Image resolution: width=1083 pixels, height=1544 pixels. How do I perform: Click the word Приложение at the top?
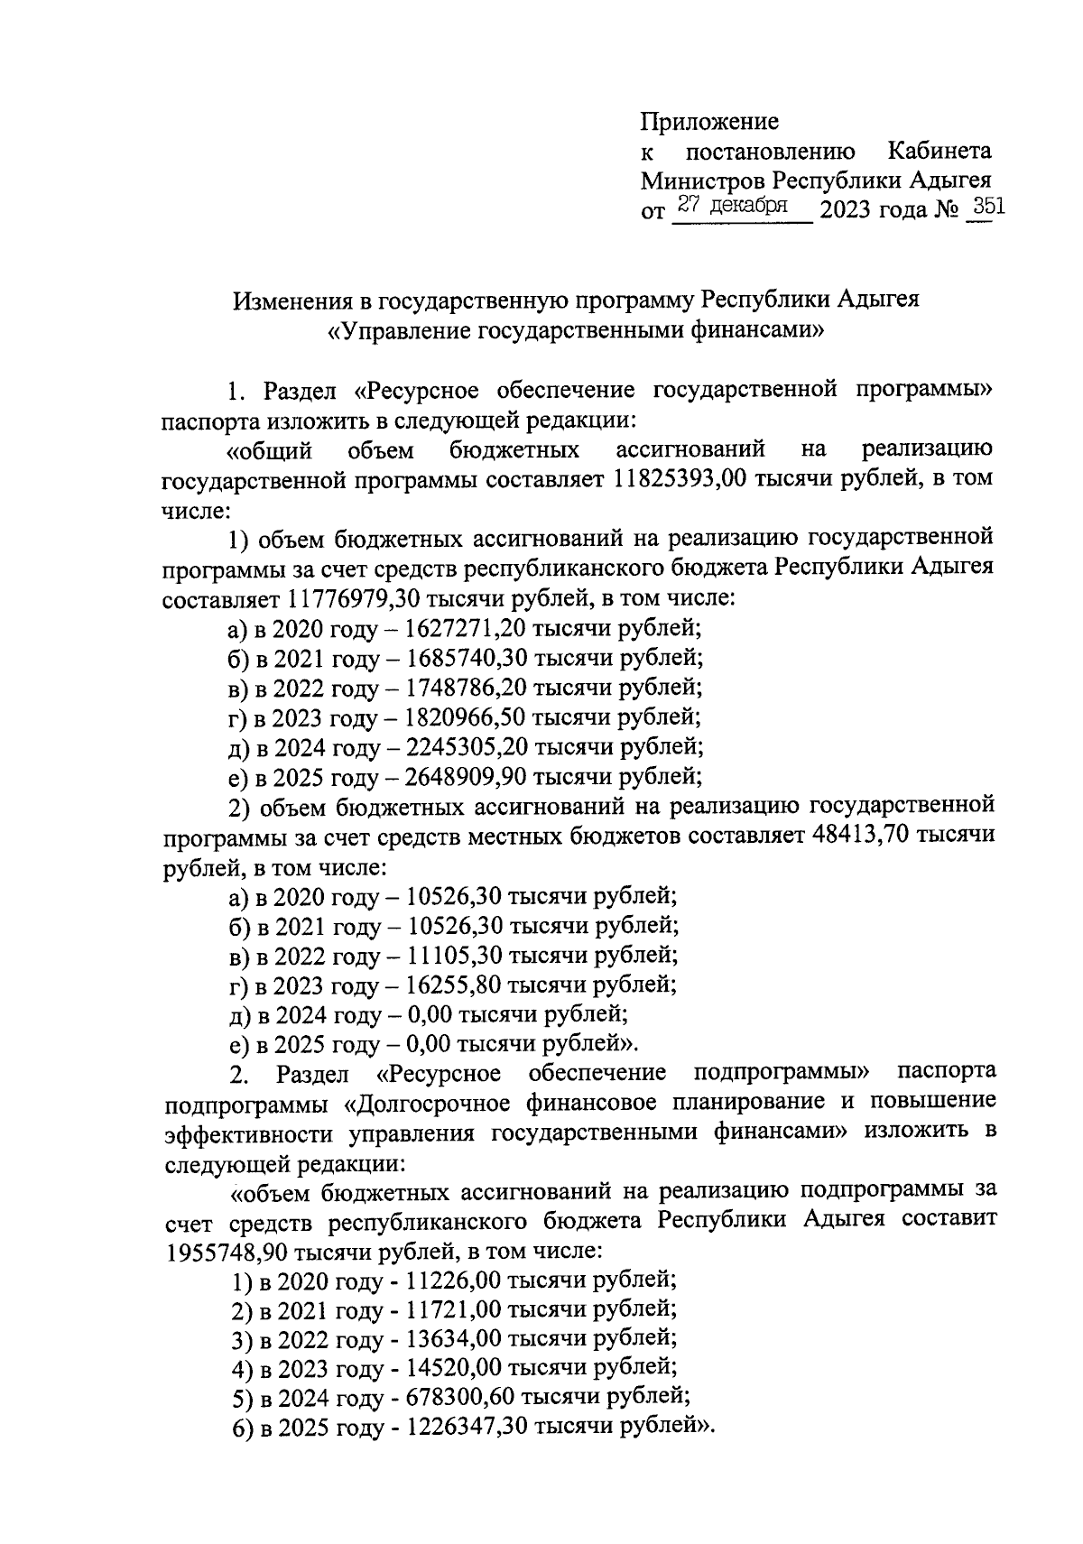708,121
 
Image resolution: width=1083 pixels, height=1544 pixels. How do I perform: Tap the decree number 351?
985,208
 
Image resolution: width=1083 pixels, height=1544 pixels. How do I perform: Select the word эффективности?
242,1133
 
